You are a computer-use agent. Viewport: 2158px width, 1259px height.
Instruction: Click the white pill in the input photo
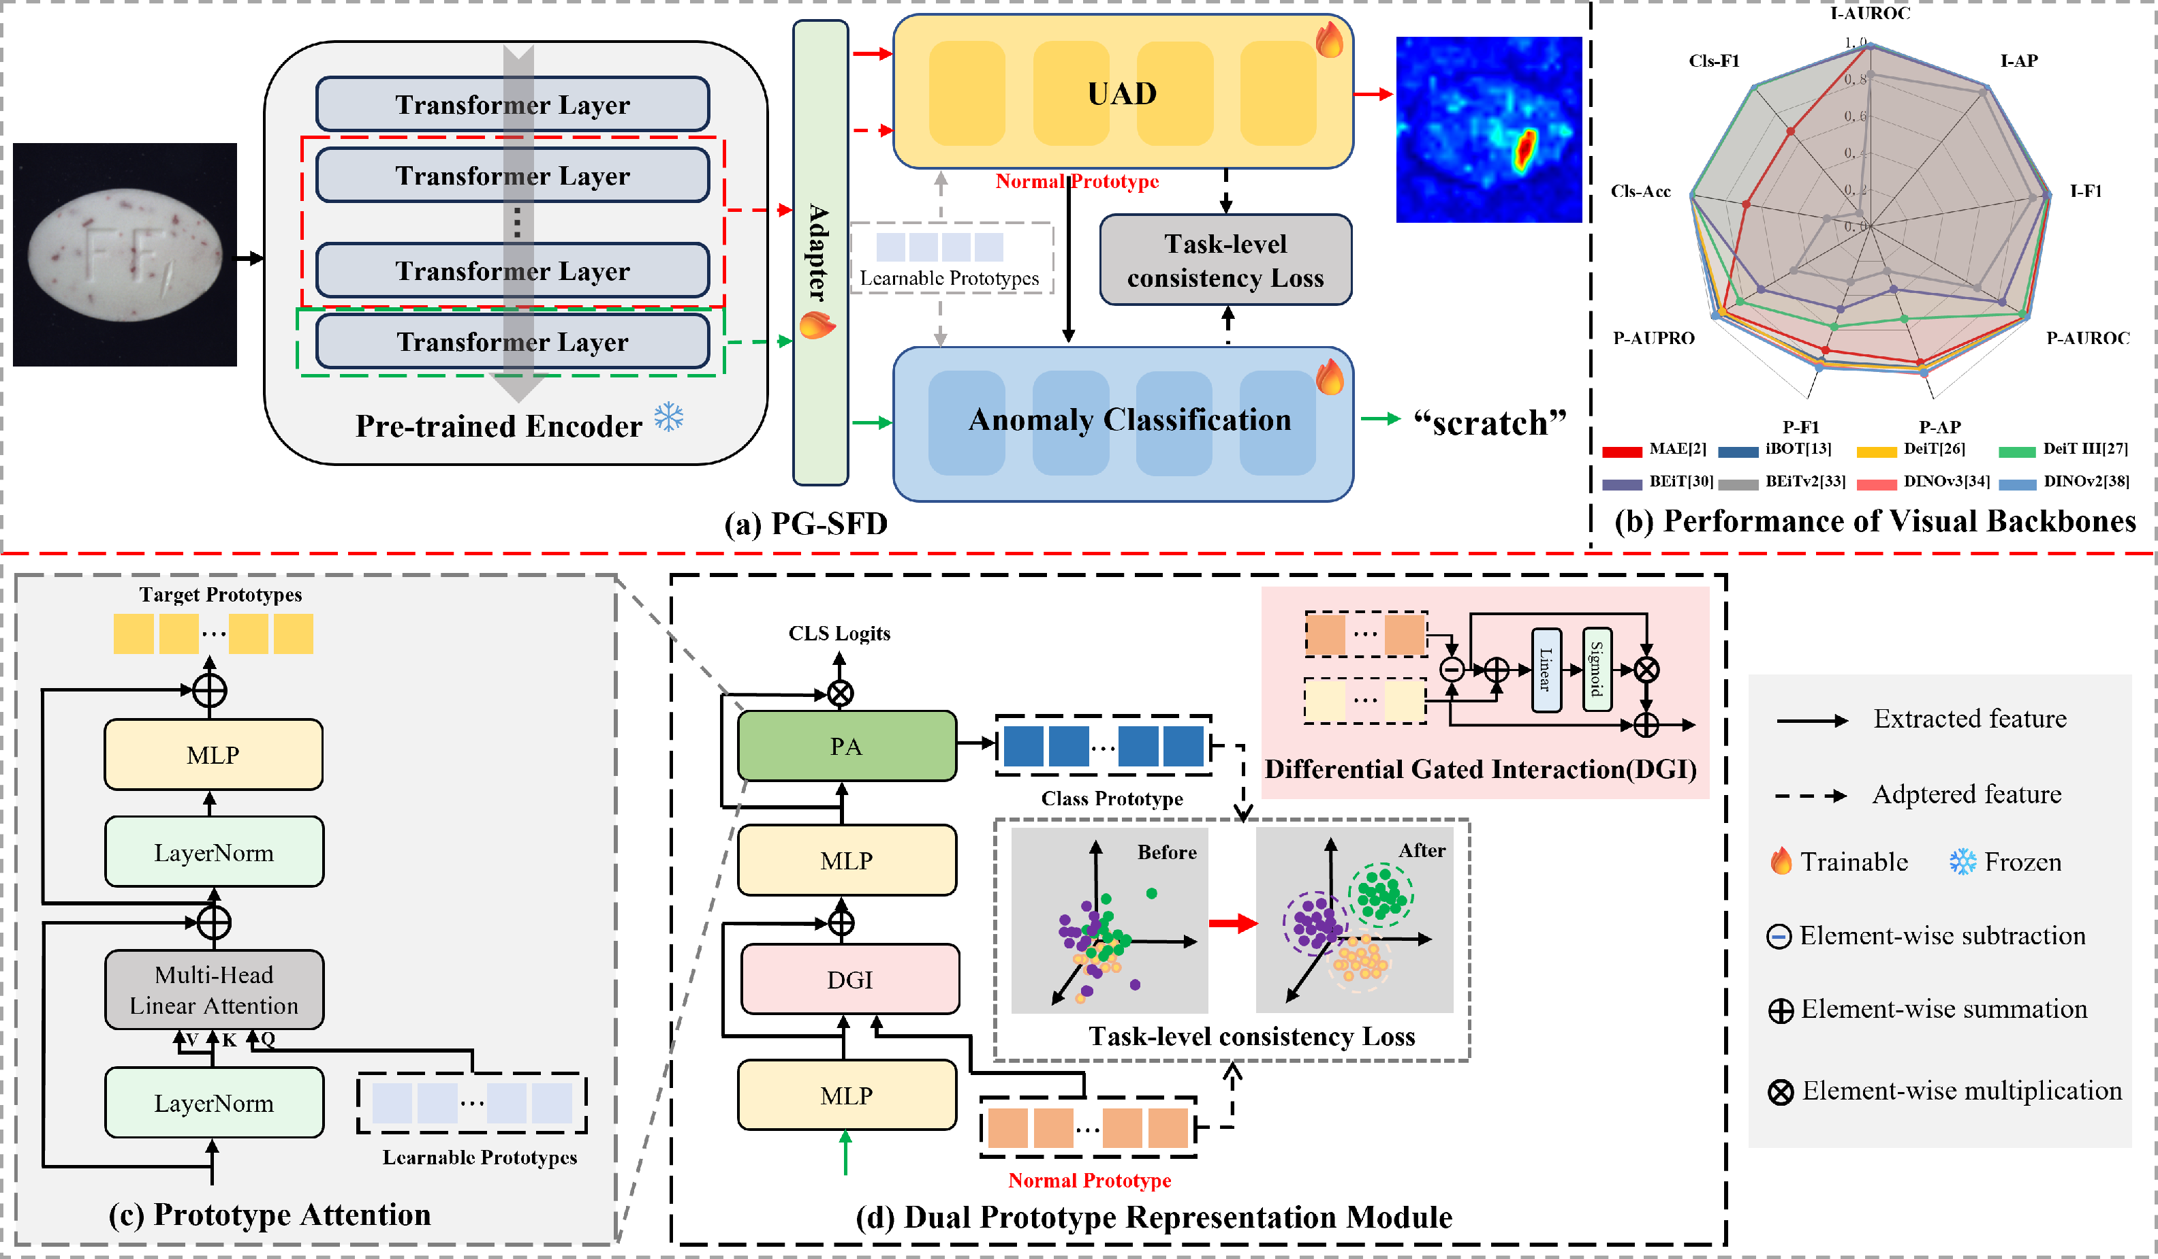coord(125,255)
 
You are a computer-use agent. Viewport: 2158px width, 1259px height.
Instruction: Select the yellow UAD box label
coord(1122,93)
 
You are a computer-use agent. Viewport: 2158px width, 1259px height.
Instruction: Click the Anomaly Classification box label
coord(1129,420)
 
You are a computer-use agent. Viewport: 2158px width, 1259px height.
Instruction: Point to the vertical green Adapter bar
coord(820,253)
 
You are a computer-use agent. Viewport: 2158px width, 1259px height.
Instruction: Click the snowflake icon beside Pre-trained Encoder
coord(669,417)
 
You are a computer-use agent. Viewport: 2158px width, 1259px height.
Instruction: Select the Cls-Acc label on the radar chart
coord(1640,191)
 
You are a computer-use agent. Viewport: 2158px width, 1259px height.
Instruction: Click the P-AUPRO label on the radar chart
coord(1654,339)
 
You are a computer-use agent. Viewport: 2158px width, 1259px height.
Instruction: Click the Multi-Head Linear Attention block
coord(214,990)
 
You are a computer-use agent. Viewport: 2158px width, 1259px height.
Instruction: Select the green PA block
coord(846,746)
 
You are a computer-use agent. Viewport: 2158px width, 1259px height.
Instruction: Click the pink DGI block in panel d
coord(849,979)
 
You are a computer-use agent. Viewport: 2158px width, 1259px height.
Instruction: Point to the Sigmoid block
coord(1596,670)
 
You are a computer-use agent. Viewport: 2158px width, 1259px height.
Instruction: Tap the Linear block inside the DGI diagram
coord(1546,670)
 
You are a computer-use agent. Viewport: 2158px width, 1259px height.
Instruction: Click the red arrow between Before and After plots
coord(1233,923)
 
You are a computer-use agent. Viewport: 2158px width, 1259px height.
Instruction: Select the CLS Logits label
coord(839,633)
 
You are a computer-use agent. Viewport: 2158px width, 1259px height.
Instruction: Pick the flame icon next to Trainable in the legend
coord(1781,860)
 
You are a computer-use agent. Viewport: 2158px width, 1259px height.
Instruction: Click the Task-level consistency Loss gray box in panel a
coord(1225,260)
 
